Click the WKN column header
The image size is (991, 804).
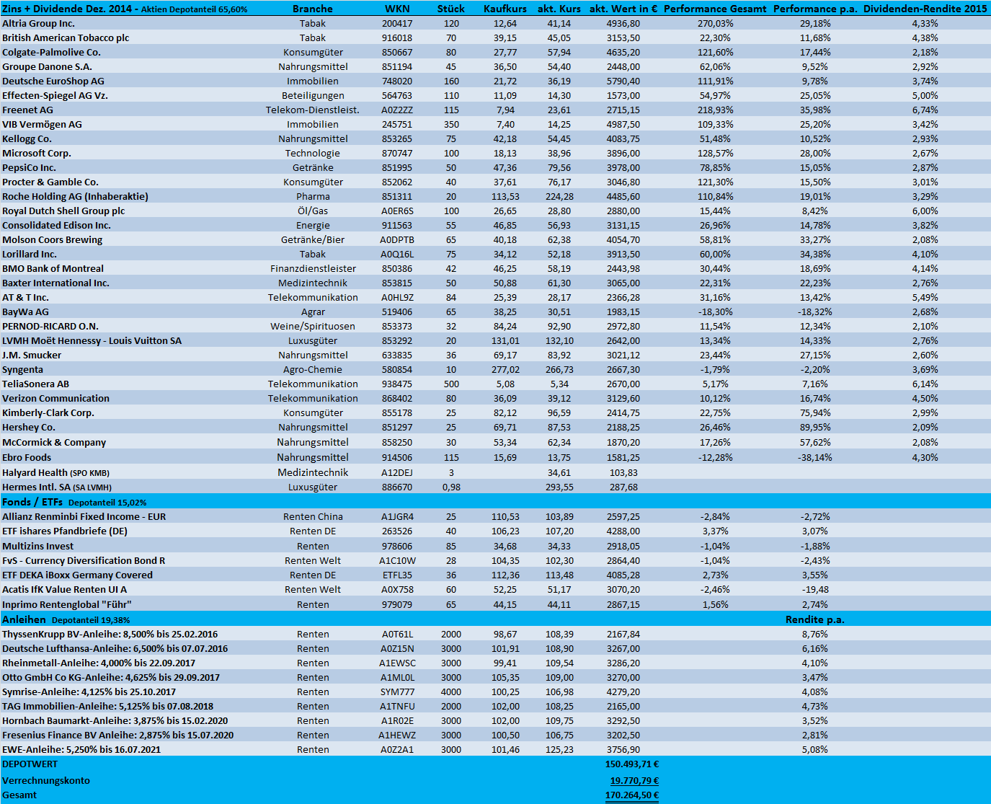pos(397,9)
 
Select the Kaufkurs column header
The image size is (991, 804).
pos(505,9)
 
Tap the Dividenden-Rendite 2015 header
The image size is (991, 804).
pos(925,9)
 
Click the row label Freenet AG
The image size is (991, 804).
pos(27,110)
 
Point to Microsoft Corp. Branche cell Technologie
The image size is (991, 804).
pos(312,153)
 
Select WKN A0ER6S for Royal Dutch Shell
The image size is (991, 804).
pos(397,211)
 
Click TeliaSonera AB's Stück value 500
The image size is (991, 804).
pos(451,384)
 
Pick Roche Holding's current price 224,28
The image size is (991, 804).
pos(559,196)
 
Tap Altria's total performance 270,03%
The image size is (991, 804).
pos(715,23)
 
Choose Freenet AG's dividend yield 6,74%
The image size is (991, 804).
pos(925,110)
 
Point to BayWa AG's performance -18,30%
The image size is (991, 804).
pos(715,312)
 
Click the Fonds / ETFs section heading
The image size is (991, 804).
pos(32,502)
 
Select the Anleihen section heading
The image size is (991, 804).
pos(24,619)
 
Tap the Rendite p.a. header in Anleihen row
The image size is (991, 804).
pos(814,619)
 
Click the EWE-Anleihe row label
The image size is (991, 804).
pos(81,749)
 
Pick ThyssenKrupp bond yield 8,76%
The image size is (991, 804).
pos(814,634)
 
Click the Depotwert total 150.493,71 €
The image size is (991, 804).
pos(631,764)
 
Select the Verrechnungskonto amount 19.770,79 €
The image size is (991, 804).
pos(634,780)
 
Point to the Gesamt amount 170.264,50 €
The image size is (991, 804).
pos(631,795)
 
